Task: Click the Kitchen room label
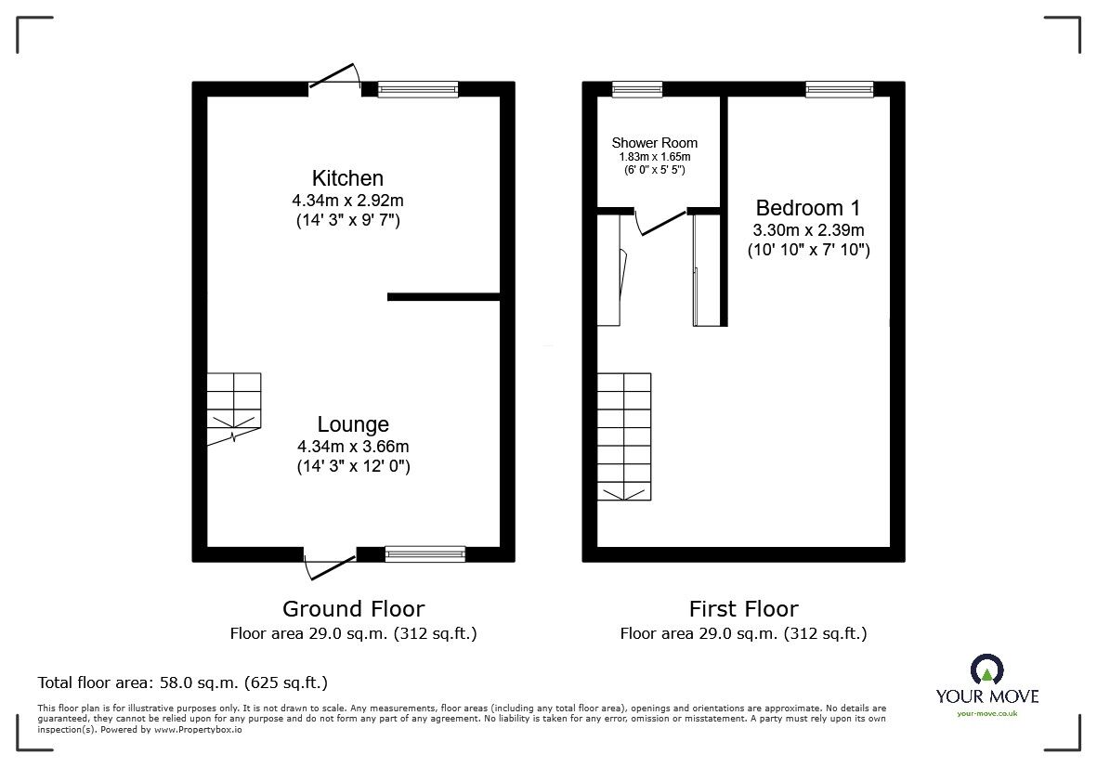click(347, 177)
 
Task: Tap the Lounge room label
click(353, 424)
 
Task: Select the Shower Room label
click(654, 143)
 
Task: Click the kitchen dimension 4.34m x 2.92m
click(347, 199)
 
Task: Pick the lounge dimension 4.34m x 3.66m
click(353, 446)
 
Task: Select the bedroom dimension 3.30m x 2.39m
click(808, 229)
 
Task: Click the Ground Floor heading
click(353, 609)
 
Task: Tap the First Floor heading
click(743, 609)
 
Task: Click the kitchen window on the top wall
click(418, 89)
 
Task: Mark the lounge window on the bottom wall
click(425, 553)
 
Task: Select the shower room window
click(637, 89)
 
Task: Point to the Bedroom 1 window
click(840, 89)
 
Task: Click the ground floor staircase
click(234, 407)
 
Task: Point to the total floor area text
click(182, 682)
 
